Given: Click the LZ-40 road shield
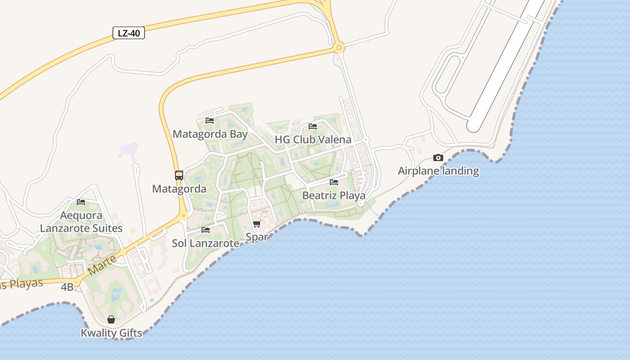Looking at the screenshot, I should click(128, 33).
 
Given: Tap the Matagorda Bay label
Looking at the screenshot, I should click(210, 134).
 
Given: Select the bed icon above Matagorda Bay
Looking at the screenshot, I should click(210, 120).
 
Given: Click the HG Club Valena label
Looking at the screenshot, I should click(313, 139).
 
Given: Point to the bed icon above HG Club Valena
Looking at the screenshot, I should click(313, 126).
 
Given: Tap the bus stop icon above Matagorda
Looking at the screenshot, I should click(179, 175).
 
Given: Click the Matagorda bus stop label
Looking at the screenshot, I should click(179, 189).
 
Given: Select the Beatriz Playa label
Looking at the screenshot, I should click(333, 196).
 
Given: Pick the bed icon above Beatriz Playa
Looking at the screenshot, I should click(333, 182).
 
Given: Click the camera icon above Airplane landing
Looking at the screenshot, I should click(438, 157).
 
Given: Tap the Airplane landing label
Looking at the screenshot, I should click(438, 171).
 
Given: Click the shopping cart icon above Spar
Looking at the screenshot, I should click(256, 224).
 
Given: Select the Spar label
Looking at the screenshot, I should click(257, 237).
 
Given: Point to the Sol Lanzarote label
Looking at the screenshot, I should click(206, 243).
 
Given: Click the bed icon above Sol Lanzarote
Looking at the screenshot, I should click(206, 229).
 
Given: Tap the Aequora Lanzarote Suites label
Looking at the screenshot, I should click(81, 222).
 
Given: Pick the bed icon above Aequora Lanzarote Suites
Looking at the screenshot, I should click(81, 202).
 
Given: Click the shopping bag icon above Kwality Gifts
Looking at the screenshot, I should click(111, 319).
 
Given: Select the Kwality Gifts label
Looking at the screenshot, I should click(111, 333).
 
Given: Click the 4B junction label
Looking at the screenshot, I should click(67, 287).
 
